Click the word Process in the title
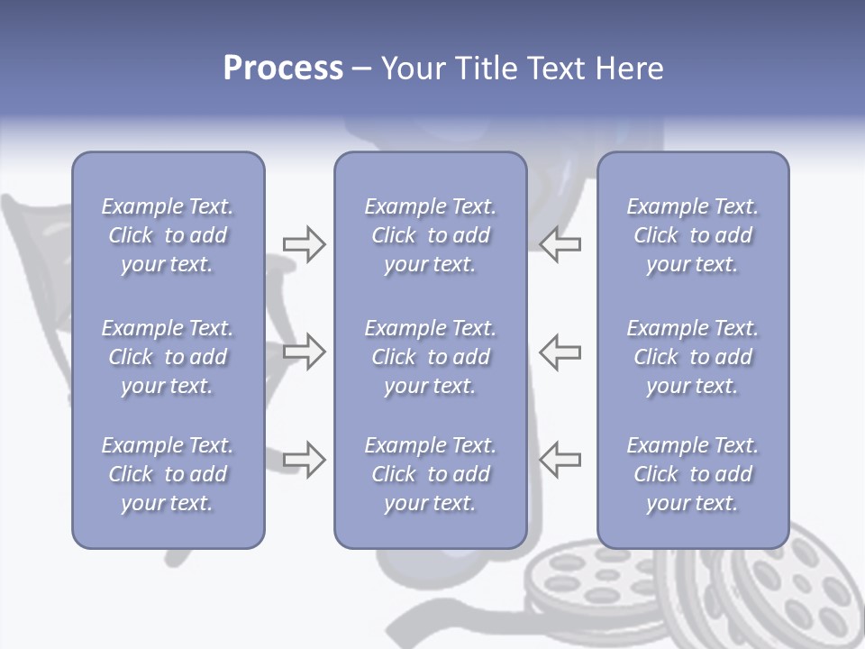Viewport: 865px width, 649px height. [x=283, y=69]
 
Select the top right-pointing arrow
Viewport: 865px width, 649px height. [x=304, y=244]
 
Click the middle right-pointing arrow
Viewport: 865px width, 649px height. [x=304, y=352]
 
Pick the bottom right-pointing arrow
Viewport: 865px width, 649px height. [x=304, y=459]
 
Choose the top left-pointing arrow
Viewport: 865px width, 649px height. [x=560, y=244]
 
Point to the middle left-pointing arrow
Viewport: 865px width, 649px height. [x=560, y=352]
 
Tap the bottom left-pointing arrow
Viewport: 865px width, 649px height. [x=560, y=459]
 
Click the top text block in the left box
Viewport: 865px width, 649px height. [x=168, y=235]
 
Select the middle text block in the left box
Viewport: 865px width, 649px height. [x=168, y=357]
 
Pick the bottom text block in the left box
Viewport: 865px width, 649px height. [x=168, y=474]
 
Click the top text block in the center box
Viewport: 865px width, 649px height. [x=430, y=235]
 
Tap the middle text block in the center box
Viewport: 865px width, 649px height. [x=430, y=357]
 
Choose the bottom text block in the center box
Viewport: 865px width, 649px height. [x=430, y=474]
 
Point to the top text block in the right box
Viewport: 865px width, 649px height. [x=692, y=235]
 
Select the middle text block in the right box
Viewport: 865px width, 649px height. [x=692, y=357]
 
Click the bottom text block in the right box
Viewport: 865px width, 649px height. [x=692, y=474]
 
